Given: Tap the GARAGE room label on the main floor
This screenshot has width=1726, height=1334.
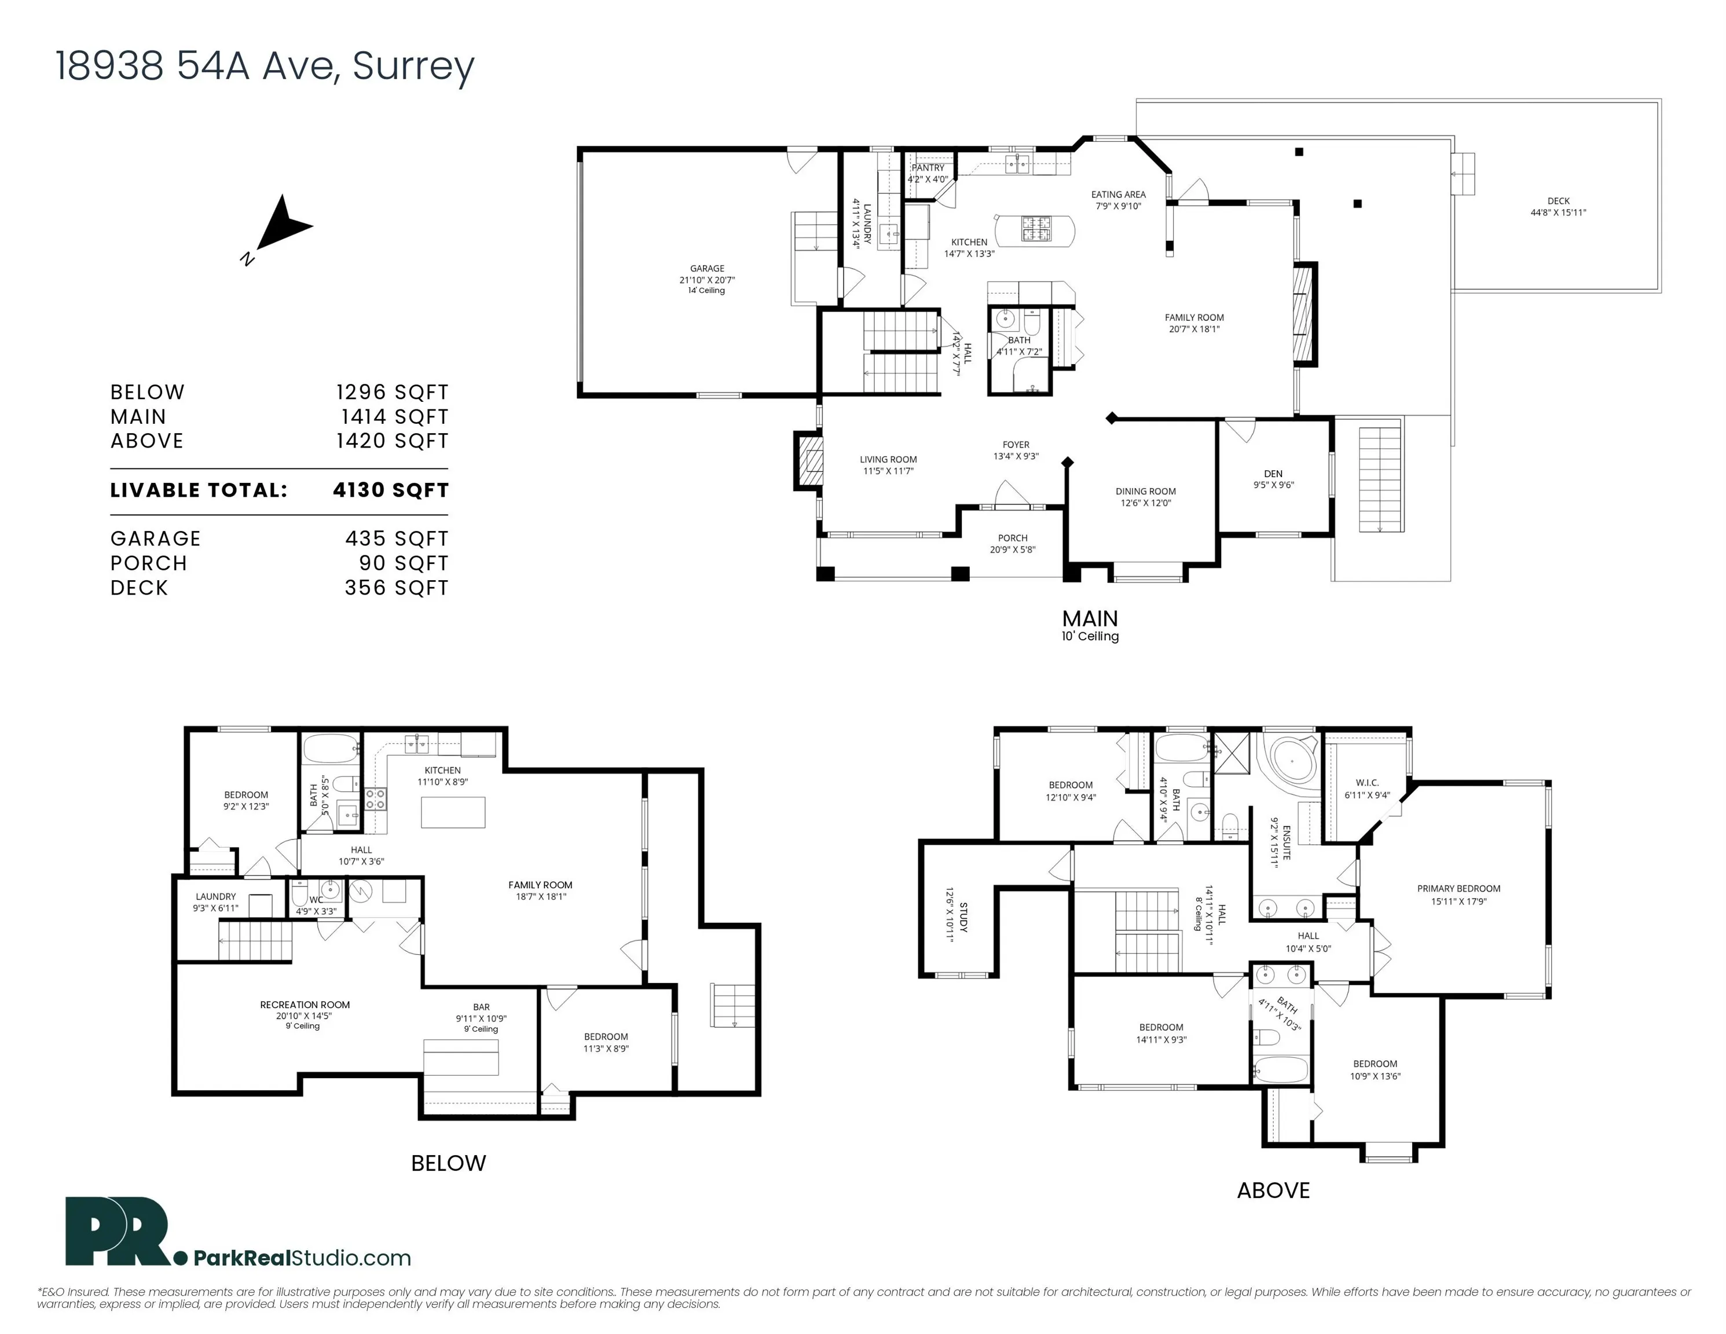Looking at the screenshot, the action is click(x=706, y=269).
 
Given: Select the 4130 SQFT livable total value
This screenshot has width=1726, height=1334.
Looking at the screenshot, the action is click(x=390, y=490).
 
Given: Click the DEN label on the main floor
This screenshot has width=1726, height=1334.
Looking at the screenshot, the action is click(x=1273, y=474).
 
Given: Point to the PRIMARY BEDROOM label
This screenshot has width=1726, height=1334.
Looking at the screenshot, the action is click(x=1458, y=888).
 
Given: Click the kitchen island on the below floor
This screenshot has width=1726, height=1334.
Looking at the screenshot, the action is click(x=453, y=812).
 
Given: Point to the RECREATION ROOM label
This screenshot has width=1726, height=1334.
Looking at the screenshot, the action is click(x=305, y=1005).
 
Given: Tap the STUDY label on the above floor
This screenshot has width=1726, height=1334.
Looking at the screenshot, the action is click(x=963, y=918).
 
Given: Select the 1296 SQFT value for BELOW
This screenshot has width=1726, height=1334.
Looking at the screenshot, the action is click(x=392, y=392).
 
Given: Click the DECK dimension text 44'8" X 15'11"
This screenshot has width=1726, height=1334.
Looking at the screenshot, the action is click(x=1559, y=212).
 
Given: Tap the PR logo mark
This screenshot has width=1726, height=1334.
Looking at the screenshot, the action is click(x=119, y=1232).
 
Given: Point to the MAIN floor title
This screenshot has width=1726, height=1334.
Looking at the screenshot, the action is click(x=1090, y=618).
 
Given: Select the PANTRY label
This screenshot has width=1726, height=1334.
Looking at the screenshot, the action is click(x=929, y=167).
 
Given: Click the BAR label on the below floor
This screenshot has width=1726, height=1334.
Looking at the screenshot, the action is click(x=481, y=1007).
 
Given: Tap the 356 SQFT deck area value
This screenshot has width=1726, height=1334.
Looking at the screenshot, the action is click(x=396, y=588).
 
